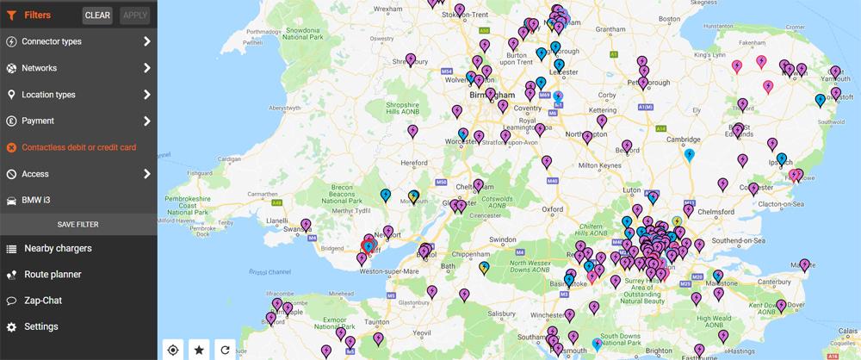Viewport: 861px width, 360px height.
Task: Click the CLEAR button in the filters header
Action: [x=97, y=16]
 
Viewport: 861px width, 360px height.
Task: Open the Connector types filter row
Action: [x=78, y=41]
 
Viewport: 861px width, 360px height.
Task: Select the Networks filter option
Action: [x=78, y=68]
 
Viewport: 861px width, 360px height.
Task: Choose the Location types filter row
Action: [x=78, y=95]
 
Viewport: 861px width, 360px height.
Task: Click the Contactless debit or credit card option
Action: [x=78, y=147]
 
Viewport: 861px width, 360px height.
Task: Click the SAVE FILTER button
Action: [x=78, y=224]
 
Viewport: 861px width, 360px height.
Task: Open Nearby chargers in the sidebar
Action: [x=58, y=249]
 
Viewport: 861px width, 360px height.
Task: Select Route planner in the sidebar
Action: [x=53, y=275]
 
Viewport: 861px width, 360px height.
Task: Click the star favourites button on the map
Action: [x=199, y=349]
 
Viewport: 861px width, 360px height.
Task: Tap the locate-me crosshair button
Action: [x=173, y=349]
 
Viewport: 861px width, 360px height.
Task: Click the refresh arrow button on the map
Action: [x=225, y=349]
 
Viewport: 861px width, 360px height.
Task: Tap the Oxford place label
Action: [x=552, y=208]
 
